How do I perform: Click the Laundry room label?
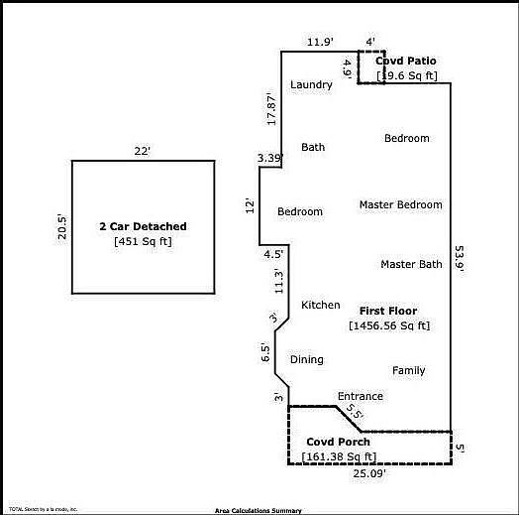point(311,85)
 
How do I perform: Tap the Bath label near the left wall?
point(313,148)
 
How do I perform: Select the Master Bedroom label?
point(400,205)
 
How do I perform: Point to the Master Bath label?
point(411,265)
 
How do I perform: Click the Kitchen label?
point(321,306)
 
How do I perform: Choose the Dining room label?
point(307,360)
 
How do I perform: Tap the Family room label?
point(408,371)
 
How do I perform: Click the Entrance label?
point(360,397)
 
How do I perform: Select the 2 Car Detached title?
point(143,227)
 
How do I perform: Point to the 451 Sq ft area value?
point(143,241)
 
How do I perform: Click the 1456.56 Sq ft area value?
point(389,325)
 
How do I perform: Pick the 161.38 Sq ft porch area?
point(339,456)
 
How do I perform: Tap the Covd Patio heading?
point(406,62)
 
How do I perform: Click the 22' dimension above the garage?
point(142,150)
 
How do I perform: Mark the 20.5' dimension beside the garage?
point(61,227)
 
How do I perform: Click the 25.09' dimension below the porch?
point(369,473)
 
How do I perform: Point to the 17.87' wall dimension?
point(270,108)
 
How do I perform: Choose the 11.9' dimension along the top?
point(319,42)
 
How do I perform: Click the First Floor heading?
point(388,312)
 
